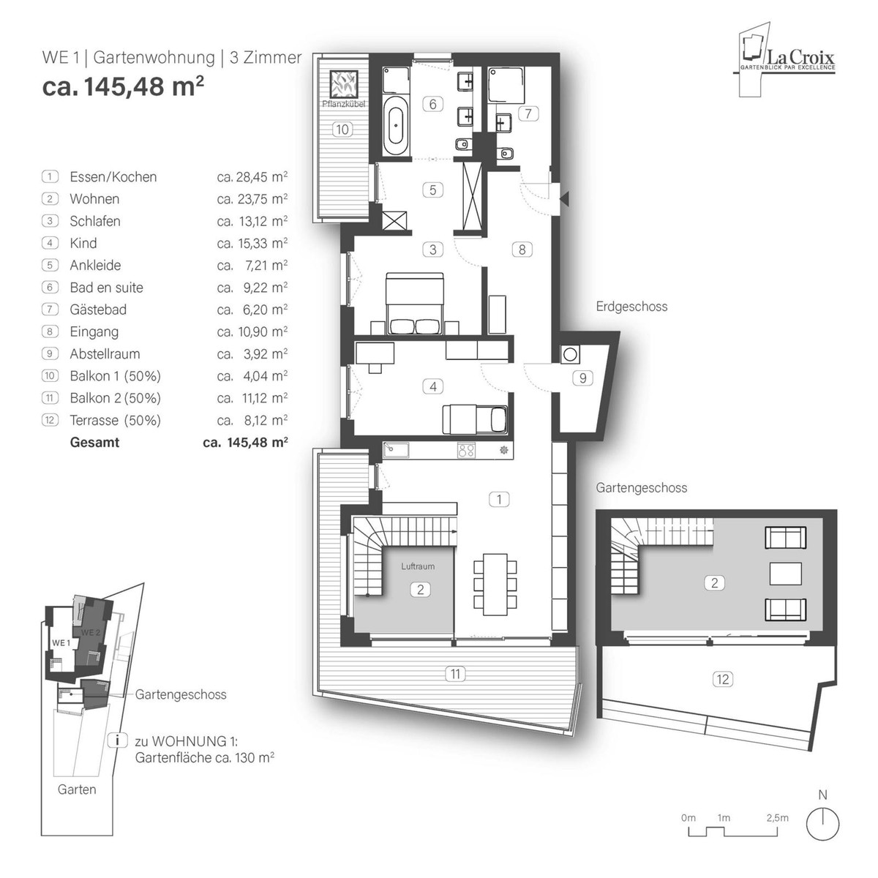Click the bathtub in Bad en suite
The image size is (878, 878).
(396, 126)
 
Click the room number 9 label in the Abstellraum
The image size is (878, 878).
(583, 378)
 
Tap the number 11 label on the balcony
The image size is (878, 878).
(455, 674)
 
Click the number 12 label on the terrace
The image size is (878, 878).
(722, 680)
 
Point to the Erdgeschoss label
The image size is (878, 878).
(631, 307)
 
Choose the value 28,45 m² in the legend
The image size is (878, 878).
(252, 177)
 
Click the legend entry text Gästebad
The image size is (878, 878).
(98, 309)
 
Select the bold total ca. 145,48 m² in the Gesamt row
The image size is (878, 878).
(245, 443)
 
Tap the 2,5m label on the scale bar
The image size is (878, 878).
(778, 818)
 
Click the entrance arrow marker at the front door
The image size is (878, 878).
(563, 196)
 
